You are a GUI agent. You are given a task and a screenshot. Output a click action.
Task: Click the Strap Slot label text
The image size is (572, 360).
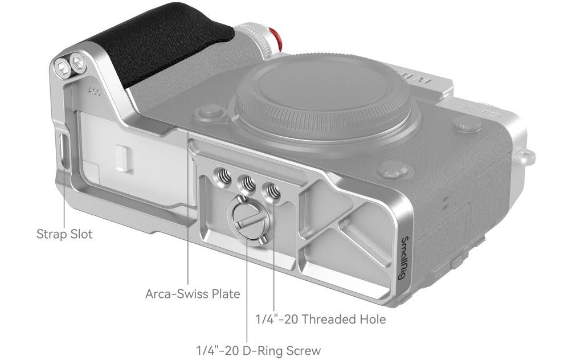(64, 234)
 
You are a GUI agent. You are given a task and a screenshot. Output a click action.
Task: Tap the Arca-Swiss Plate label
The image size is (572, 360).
(193, 293)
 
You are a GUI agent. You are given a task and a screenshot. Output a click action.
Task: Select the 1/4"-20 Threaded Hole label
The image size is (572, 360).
(321, 320)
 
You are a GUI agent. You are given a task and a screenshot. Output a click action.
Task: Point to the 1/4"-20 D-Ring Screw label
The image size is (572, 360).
(259, 351)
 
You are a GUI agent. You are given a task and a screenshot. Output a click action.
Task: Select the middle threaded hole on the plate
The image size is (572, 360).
(247, 182)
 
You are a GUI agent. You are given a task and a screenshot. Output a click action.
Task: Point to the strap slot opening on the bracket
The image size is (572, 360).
(64, 150)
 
